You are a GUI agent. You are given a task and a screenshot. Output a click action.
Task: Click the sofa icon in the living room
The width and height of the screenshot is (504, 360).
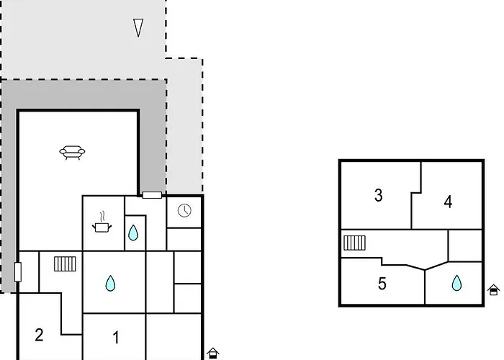point(72,153)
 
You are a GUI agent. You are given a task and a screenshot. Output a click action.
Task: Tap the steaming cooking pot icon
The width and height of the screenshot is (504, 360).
point(102,222)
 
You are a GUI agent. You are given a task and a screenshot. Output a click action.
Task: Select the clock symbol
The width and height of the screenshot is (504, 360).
point(184,210)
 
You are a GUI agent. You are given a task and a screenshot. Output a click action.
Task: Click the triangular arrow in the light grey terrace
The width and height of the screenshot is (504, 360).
point(138,27)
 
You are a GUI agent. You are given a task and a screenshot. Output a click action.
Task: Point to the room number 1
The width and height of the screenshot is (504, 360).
point(116,338)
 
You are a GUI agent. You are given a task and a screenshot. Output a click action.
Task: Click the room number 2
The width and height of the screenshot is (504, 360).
point(39,335)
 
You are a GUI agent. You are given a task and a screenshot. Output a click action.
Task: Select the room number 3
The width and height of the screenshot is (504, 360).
point(378,195)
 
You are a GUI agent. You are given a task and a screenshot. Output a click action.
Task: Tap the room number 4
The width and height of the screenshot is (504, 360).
point(448,202)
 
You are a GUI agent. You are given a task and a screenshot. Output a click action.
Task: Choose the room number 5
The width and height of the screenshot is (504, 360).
point(382,284)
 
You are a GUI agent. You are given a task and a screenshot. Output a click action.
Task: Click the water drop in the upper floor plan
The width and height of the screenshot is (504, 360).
point(456,283)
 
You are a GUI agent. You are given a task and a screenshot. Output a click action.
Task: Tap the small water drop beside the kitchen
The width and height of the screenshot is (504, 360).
point(133,233)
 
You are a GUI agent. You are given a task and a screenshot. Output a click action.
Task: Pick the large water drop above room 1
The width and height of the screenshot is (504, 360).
point(110,284)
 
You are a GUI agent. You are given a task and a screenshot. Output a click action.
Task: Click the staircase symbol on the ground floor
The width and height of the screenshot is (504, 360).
point(65,264)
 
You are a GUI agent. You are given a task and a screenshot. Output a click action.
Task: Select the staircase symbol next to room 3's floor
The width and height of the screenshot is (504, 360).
point(354,243)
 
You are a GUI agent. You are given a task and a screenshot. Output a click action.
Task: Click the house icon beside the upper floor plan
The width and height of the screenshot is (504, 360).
point(493,290)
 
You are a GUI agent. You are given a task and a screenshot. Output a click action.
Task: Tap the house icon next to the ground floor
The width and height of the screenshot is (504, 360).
point(212,354)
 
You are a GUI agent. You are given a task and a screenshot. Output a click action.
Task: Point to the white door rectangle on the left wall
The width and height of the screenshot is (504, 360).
point(18,272)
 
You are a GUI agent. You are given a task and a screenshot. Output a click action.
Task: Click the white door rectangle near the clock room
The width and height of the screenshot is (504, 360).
point(152,195)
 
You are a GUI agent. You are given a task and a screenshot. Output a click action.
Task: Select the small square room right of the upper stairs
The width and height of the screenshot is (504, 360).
point(465,246)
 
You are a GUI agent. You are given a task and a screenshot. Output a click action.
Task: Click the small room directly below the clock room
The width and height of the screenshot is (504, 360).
point(184,240)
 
